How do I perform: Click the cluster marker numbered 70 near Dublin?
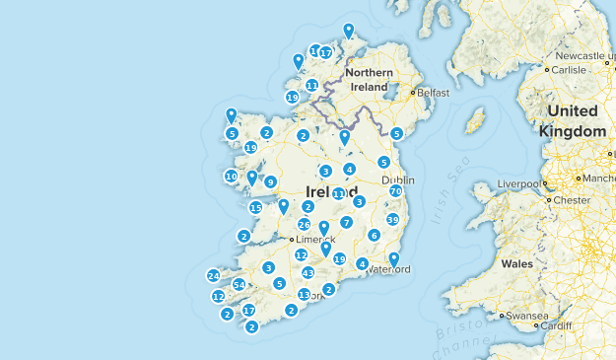pos(395,190)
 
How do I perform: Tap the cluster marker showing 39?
pos(392,220)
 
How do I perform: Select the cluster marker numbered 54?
pos(238,285)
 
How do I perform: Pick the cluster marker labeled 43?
pos(308,272)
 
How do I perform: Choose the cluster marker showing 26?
pos(304,225)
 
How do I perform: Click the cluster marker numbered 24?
pos(213,275)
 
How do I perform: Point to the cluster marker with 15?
pos(255,208)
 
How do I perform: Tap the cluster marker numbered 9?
pos(270,181)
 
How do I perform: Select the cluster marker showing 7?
pos(346,223)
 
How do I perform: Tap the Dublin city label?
pos(397,180)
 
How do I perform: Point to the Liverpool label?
pos(520,183)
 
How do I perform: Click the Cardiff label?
pos(556,325)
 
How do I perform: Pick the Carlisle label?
pos(568,70)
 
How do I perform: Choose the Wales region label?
pos(516,264)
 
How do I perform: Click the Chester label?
pos(571,199)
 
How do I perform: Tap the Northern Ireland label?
pos(370,80)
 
